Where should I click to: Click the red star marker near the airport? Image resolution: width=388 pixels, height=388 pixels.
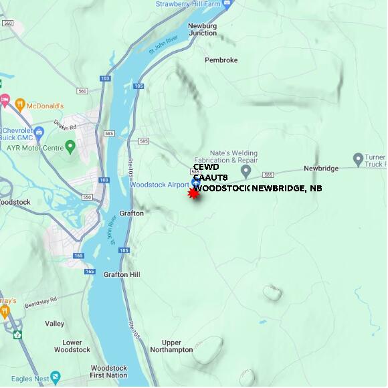[x=193, y=193]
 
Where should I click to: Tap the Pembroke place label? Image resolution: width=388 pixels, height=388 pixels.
[x=221, y=60]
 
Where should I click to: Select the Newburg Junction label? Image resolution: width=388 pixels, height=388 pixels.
[x=202, y=29]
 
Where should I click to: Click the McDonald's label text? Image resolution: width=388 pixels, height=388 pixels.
[x=46, y=106]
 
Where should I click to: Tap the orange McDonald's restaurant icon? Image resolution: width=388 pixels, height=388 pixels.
[x=20, y=105]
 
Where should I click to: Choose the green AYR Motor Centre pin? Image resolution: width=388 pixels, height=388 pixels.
[x=71, y=147]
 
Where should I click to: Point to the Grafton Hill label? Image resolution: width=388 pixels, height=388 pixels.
[x=122, y=274]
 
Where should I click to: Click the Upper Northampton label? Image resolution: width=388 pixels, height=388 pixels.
[x=172, y=346]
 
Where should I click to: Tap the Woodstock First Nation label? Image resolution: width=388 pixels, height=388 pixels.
[x=108, y=372]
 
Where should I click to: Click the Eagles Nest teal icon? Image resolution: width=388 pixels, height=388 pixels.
[x=56, y=379]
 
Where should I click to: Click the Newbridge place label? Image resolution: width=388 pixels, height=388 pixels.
[x=321, y=169]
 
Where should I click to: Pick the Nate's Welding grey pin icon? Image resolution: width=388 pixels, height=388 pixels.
[x=246, y=172]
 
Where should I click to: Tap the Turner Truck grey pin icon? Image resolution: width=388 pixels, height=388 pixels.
[x=358, y=160]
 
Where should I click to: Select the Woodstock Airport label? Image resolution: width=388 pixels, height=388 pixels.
[x=160, y=185]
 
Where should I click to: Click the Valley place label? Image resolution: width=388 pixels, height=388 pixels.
[x=55, y=324]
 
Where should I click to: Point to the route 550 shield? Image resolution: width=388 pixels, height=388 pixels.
[x=86, y=197]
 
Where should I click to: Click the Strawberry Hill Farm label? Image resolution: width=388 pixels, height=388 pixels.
[x=187, y=3]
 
